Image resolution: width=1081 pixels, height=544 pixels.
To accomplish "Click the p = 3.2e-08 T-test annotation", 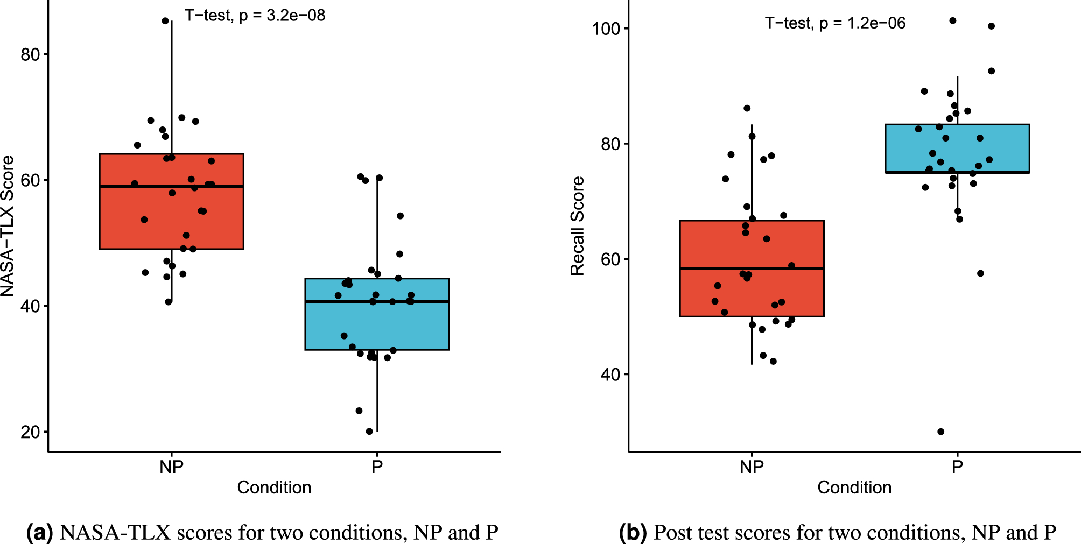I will pyautogui.click(x=255, y=16).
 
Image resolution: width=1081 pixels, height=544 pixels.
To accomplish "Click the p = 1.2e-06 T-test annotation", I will pyautogui.click(x=835, y=23).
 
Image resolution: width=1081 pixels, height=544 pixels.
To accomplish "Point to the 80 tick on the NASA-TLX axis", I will pyautogui.click(x=31, y=54).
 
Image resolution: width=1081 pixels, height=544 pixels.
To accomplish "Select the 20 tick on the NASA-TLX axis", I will pyautogui.click(x=31, y=432).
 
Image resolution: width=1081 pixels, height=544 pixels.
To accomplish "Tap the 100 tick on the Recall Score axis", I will pyautogui.click(x=606, y=29).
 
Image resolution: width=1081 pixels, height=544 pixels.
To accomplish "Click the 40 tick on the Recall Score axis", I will pyautogui.click(x=611, y=375).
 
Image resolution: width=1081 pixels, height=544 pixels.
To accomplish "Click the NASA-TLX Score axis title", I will pyautogui.click(x=8, y=226).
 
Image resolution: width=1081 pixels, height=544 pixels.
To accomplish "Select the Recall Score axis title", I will pyautogui.click(x=577, y=226).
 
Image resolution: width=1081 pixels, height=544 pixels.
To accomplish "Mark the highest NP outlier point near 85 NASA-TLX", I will pyautogui.click(x=165, y=21).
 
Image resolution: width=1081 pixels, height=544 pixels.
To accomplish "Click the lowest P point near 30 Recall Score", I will pyautogui.click(x=940, y=432).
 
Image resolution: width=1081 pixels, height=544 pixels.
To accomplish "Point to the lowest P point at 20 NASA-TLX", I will pyautogui.click(x=369, y=432).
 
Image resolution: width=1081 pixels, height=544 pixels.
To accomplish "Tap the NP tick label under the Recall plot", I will pyautogui.click(x=752, y=467).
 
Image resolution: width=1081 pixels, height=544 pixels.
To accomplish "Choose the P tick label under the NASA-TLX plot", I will pyautogui.click(x=377, y=467).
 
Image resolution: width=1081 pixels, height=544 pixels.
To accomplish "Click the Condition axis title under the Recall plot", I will pyautogui.click(x=854, y=488).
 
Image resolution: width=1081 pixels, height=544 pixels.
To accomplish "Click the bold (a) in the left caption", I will pyautogui.click(x=40, y=533).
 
